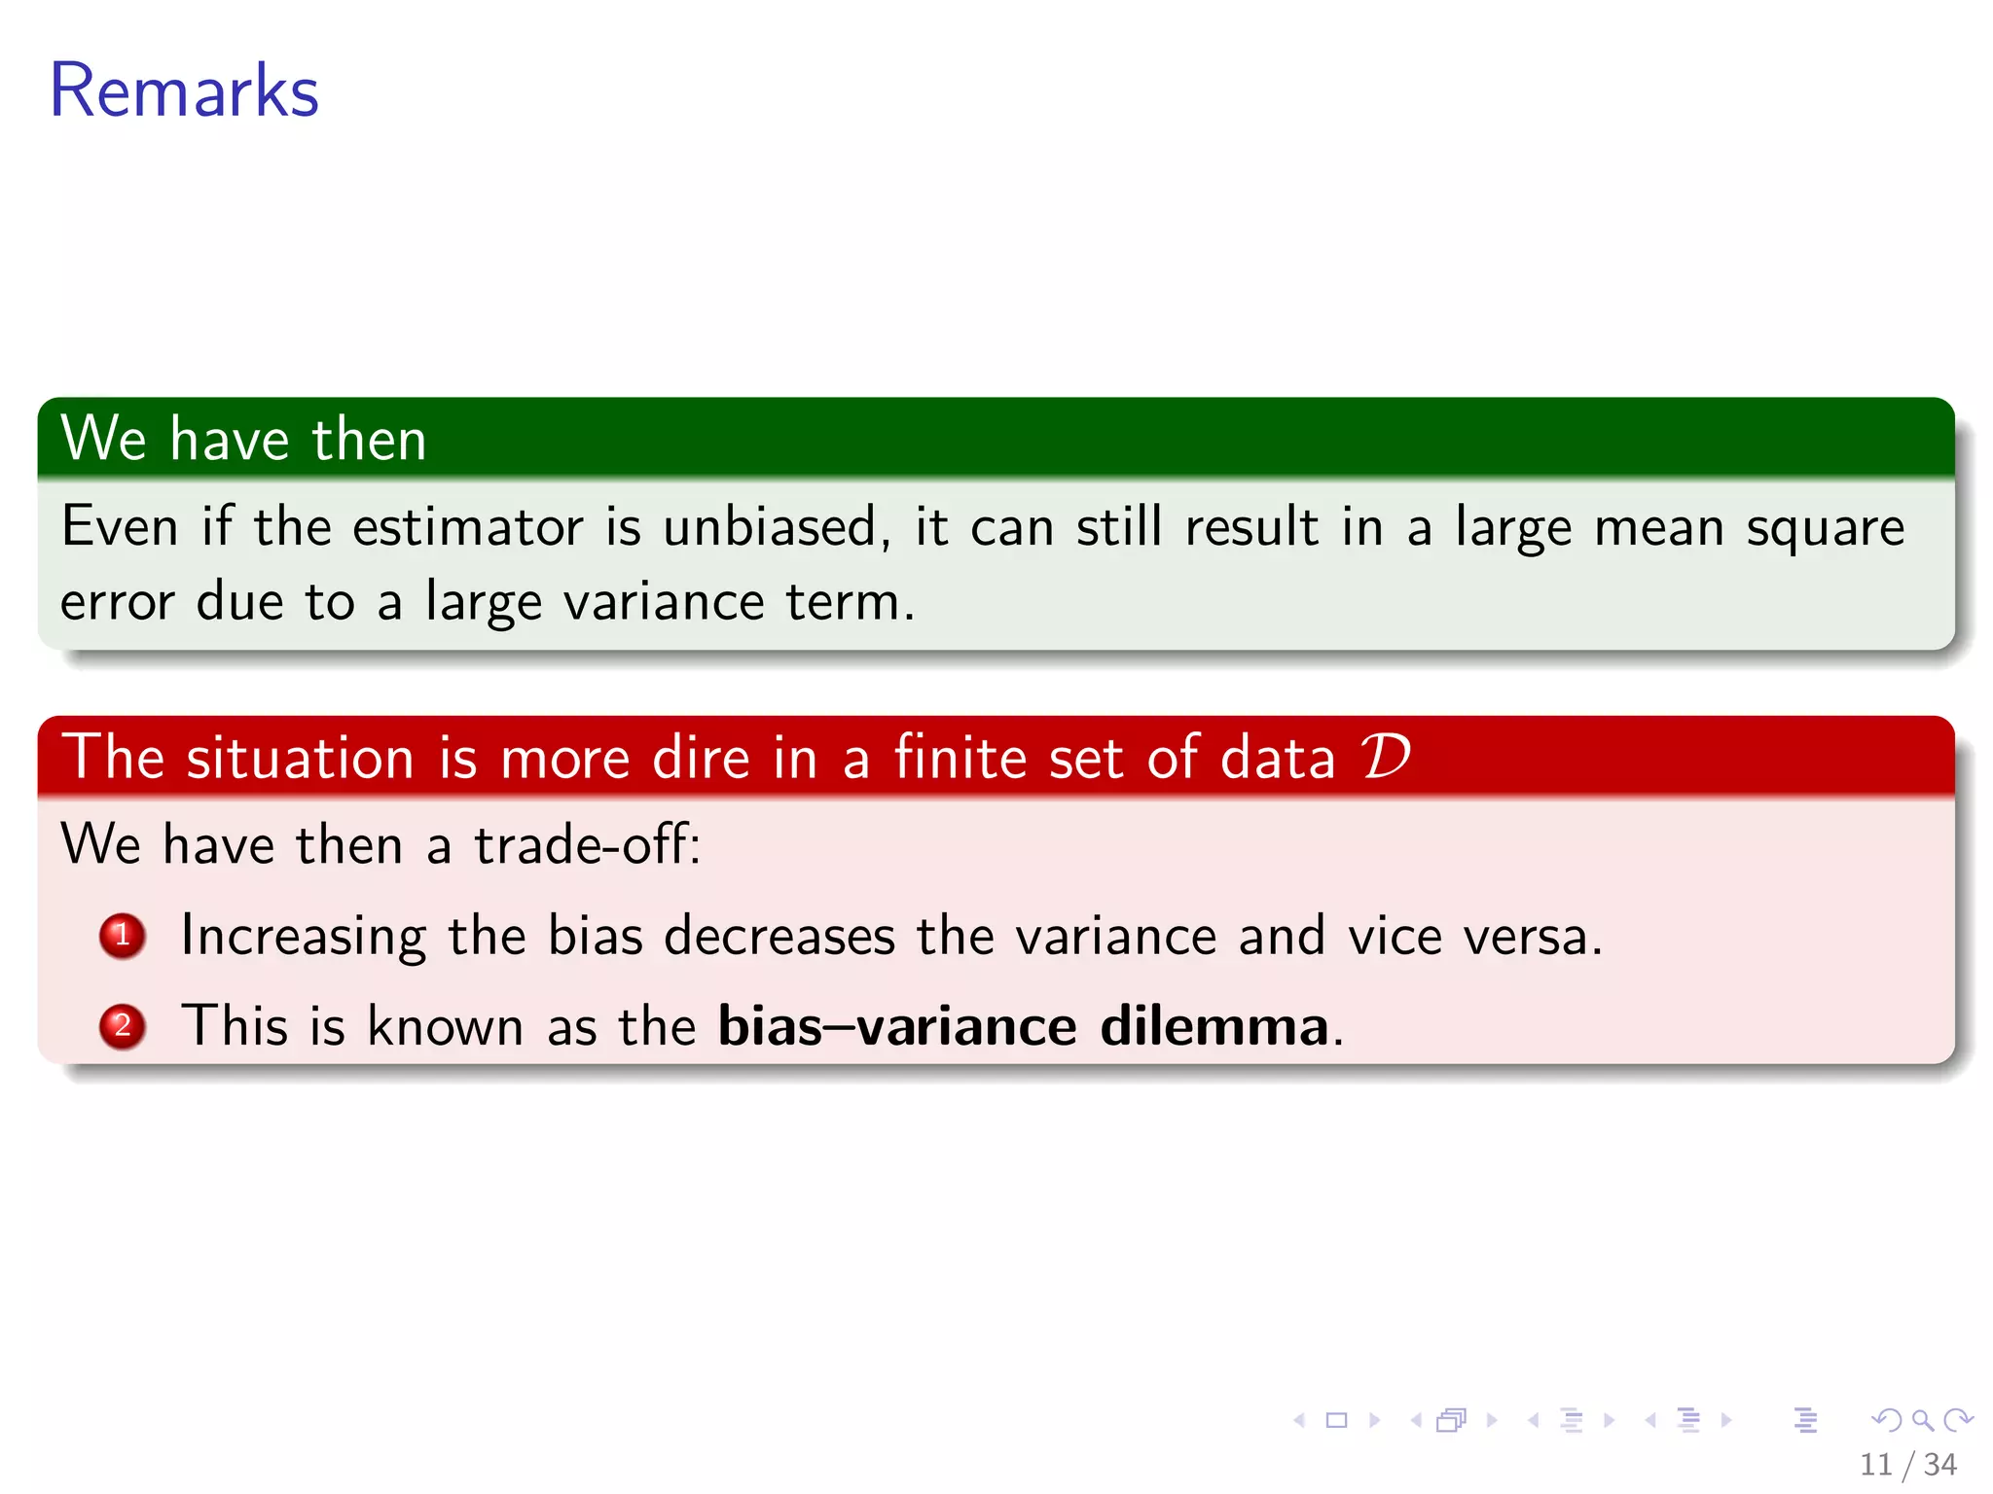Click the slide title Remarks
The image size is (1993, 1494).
184,90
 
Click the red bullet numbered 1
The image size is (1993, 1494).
123,936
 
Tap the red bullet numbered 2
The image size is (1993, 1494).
123,1025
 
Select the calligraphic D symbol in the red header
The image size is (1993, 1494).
1385,757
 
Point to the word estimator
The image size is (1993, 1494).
468,527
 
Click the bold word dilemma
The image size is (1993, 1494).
1214,1025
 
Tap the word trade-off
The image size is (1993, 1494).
587,843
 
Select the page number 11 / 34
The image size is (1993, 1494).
1907,1463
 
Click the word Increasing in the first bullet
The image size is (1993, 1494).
304,936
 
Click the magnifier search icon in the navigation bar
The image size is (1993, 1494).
1922,1420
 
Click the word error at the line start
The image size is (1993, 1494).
118,602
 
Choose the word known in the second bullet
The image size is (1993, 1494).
446,1025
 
